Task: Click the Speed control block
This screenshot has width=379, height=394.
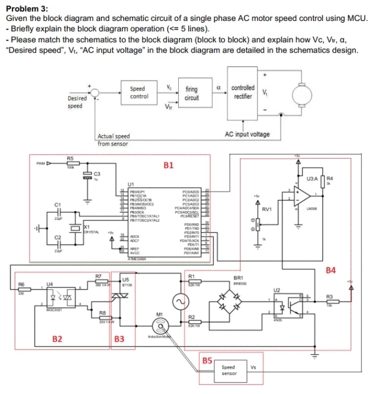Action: [x=138, y=93]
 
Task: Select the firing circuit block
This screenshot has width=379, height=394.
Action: [x=191, y=93]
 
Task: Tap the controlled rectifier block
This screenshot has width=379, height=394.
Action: [x=243, y=92]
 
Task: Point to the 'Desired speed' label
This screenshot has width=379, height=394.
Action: [x=78, y=102]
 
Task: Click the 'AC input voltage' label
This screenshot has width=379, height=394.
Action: [x=248, y=134]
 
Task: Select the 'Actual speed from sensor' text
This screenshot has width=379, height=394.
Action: [x=113, y=140]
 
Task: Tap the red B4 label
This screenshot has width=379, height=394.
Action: [x=331, y=270]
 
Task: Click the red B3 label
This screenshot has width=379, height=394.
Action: [x=119, y=339]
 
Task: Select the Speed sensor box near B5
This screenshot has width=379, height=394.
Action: [x=228, y=370]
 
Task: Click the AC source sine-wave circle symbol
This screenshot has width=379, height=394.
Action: [x=178, y=302]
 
